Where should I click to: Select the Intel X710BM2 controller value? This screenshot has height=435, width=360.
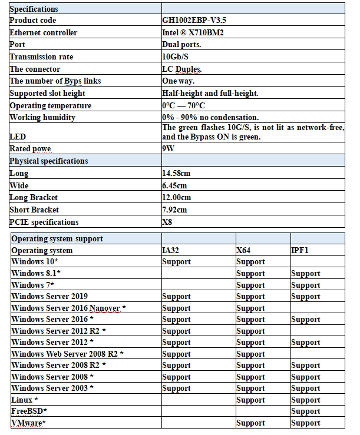pos(192,32)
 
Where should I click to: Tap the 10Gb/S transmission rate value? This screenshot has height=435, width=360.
pos(175,57)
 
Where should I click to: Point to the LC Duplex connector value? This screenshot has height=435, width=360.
pos(182,69)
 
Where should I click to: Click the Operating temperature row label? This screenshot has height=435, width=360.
pos(51,106)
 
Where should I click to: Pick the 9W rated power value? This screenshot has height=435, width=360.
pos(168,149)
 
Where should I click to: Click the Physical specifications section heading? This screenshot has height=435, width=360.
pos(49,161)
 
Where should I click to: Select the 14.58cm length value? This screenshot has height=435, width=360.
pos(176,174)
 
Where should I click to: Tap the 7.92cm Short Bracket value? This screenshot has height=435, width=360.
pos(174,210)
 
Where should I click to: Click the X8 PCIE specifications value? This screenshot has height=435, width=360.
pos(167,223)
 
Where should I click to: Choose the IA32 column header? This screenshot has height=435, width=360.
pos(171,251)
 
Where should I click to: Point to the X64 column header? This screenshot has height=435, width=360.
pos(244,251)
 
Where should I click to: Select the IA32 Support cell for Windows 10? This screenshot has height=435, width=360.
pos(176,262)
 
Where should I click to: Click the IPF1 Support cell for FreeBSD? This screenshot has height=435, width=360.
pos(305,411)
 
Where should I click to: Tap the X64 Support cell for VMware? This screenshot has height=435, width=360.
pos(250,423)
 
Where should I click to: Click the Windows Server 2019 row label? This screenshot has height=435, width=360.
pos(49,297)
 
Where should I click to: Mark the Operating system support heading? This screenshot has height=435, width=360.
pos(57,239)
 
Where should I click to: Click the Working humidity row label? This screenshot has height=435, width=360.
pos(42,118)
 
